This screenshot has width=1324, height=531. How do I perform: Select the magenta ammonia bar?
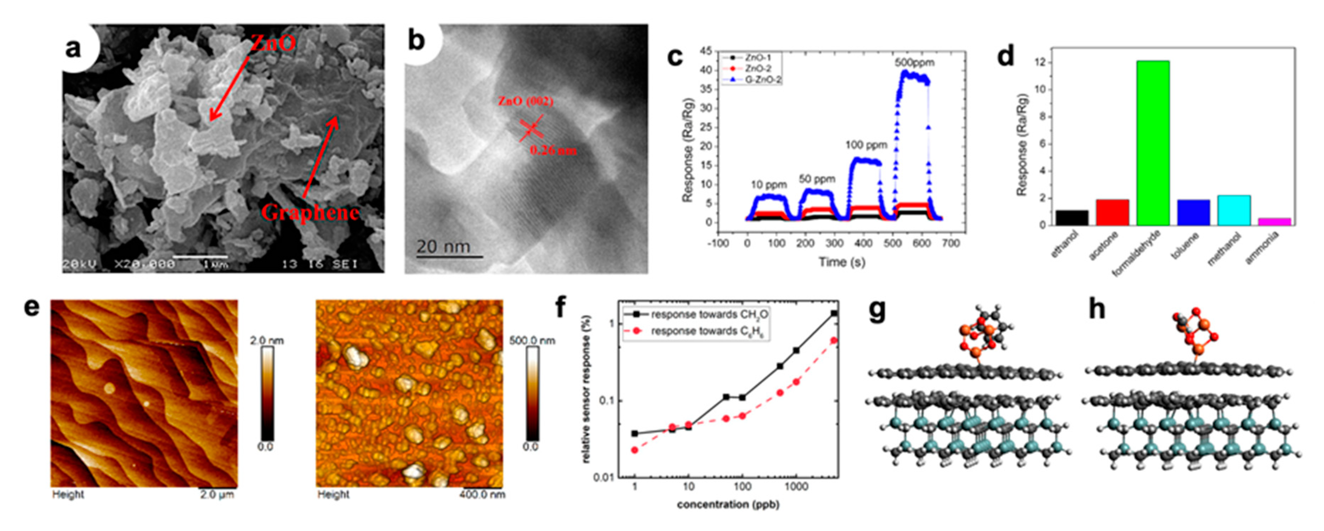click(1274, 221)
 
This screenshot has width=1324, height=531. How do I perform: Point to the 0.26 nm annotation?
click(553, 150)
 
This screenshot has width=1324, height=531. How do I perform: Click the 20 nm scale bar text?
click(443, 247)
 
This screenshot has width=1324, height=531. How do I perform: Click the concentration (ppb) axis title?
click(728, 504)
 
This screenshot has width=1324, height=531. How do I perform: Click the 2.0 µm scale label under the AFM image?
click(217, 494)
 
